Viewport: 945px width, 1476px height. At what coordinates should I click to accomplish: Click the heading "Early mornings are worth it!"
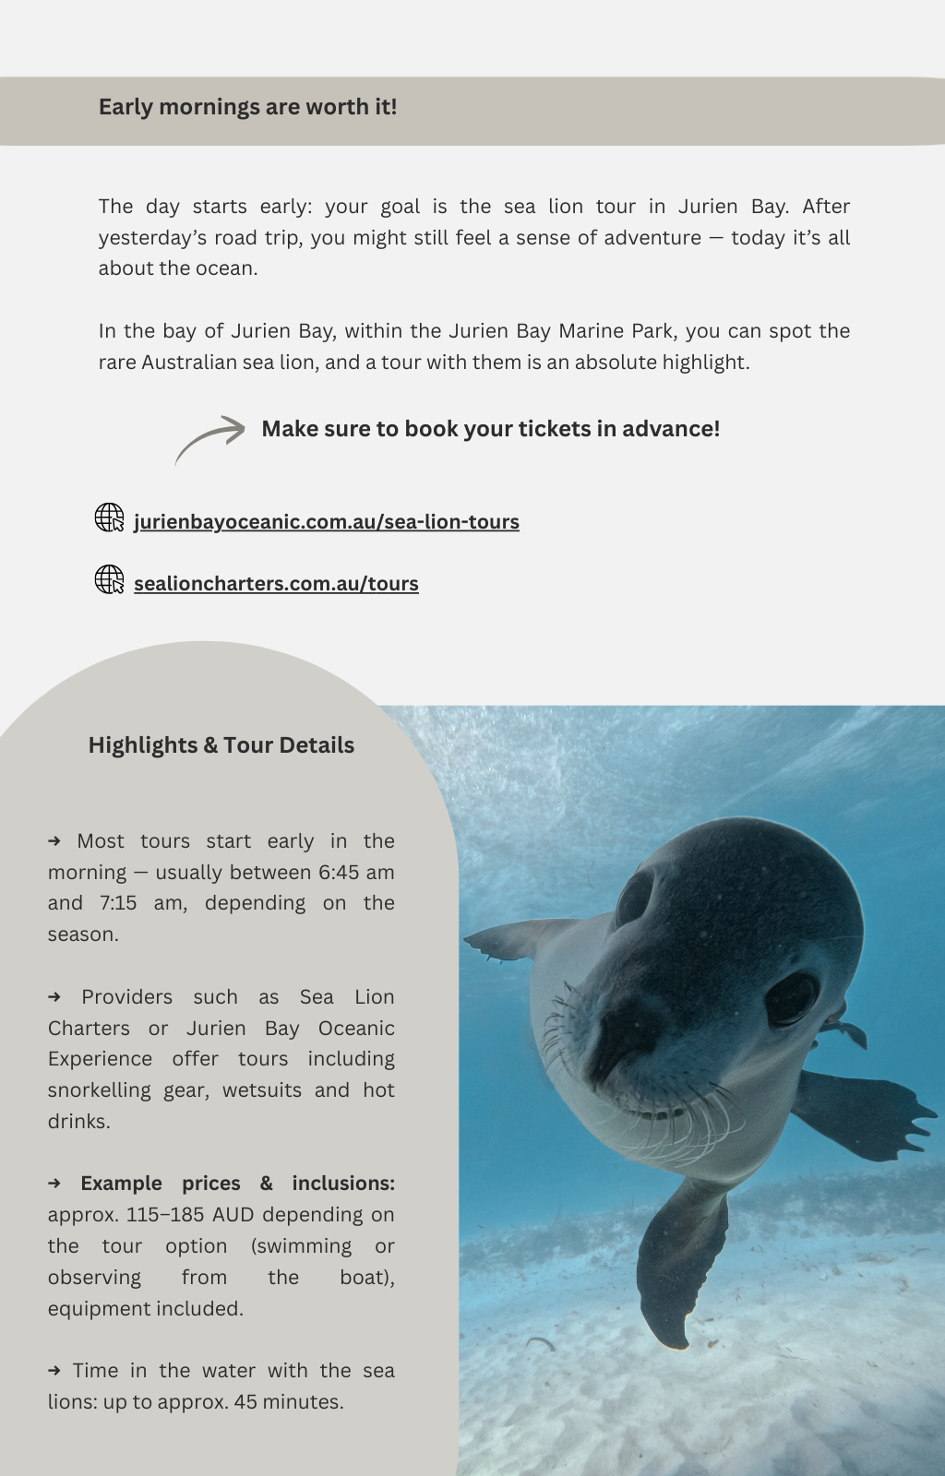(247, 107)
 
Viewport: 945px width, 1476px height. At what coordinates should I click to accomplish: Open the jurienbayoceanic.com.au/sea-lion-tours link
(326, 522)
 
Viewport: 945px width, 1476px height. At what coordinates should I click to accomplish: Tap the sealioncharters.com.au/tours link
(276, 584)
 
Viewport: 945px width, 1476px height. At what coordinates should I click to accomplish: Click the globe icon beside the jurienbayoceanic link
(110, 518)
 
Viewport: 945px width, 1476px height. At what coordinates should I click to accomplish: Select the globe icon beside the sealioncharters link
(110, 579)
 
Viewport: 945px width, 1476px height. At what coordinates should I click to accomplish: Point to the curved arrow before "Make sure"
(210, 438)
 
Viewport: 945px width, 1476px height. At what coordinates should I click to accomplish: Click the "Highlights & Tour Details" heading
(221, 745)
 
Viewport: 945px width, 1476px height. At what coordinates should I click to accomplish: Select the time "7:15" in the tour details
(118, 903)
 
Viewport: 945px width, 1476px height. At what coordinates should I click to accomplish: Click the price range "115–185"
(165, 1215)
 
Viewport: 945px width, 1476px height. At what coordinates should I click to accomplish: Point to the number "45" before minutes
(245, 1402)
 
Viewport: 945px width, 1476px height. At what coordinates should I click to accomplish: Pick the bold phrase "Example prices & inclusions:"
(237, 1184)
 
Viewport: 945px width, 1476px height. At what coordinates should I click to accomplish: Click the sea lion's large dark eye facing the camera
(791, 998)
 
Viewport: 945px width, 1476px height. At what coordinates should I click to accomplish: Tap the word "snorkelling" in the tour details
(99, 1090)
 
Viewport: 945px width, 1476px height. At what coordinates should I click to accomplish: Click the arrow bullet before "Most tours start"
(54, 841)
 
